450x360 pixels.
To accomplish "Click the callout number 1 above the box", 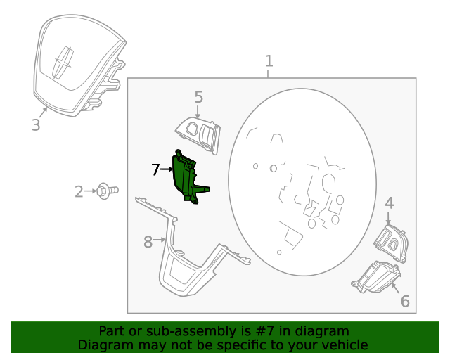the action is (x=269, y=61).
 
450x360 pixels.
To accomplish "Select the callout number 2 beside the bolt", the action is (x=79, y=191).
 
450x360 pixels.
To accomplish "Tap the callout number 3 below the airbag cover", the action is (x=36, y=125).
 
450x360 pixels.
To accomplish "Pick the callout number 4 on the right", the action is (x=389, y=203).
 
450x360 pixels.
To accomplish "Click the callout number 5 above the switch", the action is (x=198, y=97).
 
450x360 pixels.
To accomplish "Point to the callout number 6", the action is (x=405, y=301).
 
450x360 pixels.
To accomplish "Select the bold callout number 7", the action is (x=155, y=169).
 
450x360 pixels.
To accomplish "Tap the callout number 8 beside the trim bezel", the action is (x=148, y=242).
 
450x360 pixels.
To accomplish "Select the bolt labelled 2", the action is (x=108, y=191).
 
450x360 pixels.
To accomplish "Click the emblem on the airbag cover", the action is (x=63, y=63).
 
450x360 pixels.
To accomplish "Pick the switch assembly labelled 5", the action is (x=198, y=135).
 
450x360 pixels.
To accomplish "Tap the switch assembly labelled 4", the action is (x=391, y=243).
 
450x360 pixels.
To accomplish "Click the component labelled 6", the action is (x=376, y=277).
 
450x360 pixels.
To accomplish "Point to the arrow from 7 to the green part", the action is (x=166, y=169).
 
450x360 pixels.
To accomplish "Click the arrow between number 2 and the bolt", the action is (x=91, y=191).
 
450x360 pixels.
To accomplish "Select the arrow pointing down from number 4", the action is (x=388, y=218).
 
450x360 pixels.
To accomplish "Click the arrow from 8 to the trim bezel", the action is (x=160, y=239).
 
